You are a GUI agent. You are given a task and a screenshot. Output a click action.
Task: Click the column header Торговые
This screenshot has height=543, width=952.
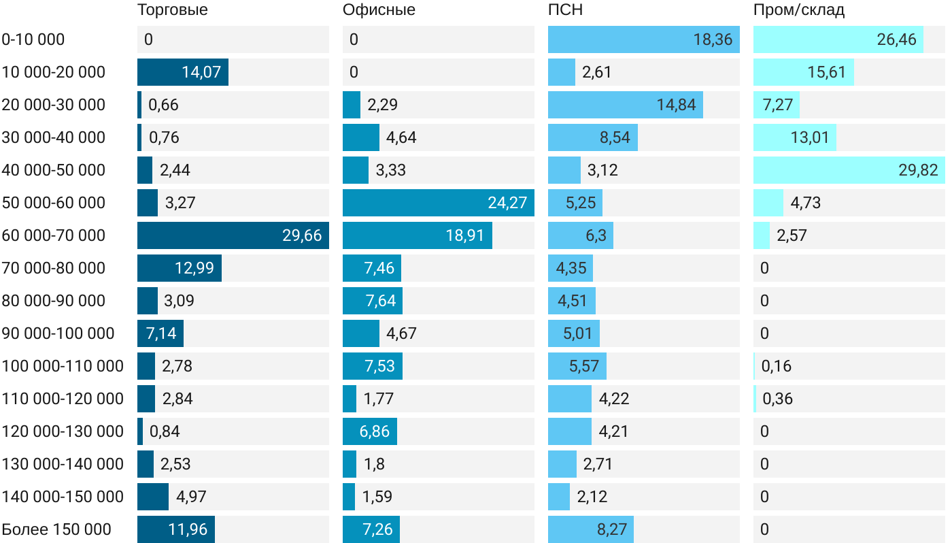tap(172, 10)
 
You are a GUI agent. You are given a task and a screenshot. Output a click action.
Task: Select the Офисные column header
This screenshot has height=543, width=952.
tap(379, 10)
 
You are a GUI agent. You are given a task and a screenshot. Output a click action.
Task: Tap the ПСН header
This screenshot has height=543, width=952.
tap(565, 10)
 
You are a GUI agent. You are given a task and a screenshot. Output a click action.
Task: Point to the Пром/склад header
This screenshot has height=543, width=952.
tap(798, 10)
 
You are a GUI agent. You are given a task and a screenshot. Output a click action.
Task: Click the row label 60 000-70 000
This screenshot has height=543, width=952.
tap(54, 235)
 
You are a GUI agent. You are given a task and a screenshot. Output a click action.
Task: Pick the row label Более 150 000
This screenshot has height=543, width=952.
tap(56, 529)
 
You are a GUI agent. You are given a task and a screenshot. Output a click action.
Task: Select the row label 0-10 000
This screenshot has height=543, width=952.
tap(33, 39)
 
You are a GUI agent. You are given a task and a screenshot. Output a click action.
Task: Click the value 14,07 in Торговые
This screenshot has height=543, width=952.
tap(201, 72)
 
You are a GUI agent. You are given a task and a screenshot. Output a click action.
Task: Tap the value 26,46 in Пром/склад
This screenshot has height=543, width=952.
tap(897, 39)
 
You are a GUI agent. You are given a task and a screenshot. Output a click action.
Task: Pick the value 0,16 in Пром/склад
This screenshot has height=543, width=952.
tap(777, 366)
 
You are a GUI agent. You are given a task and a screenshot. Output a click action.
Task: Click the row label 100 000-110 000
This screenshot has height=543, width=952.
tap(63, 366)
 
